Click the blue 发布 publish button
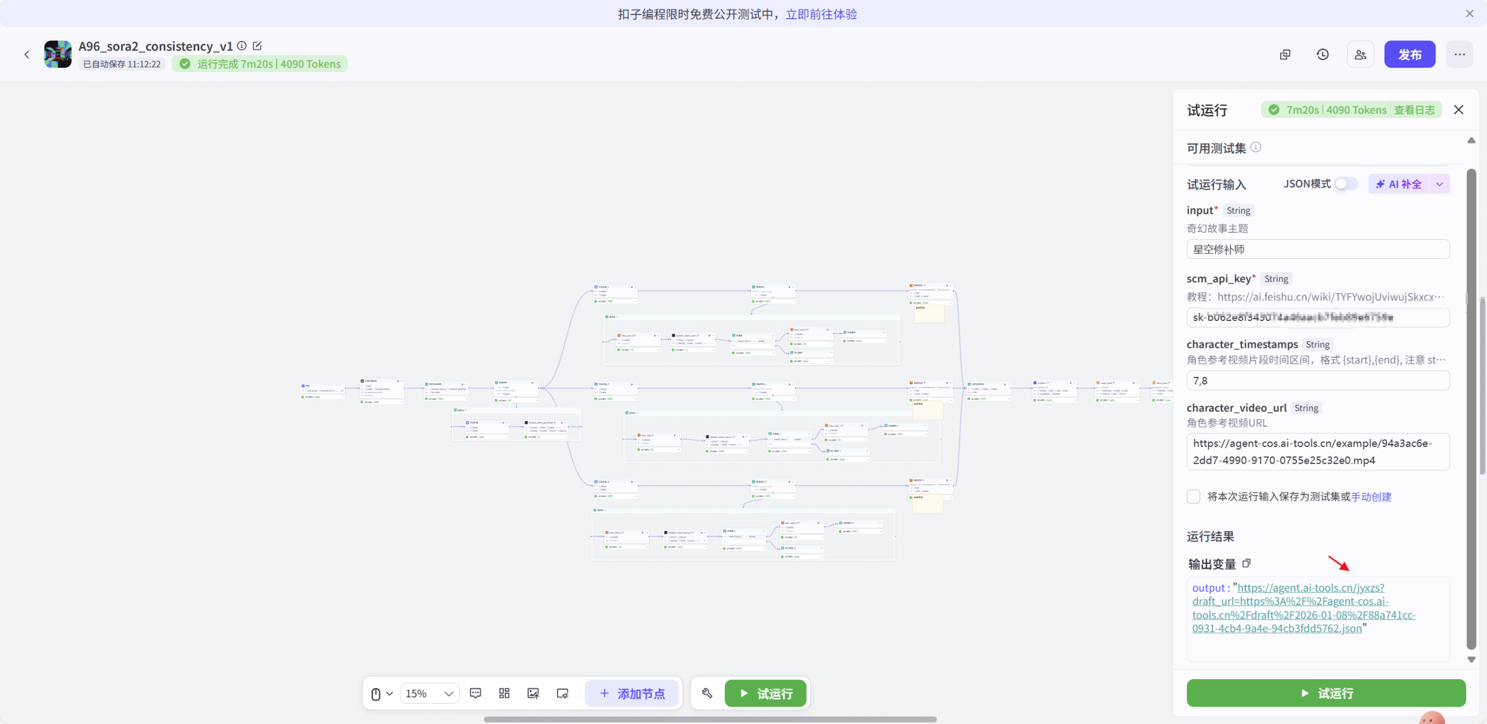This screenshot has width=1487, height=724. (1409, 55)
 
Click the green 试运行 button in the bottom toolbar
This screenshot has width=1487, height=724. (766, 693)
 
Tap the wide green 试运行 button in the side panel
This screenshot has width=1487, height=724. (1326, 693)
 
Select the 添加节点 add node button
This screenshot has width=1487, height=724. (632, 693)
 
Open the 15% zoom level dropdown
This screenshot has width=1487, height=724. (429, 693)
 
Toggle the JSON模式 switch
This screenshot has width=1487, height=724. (1345, 183)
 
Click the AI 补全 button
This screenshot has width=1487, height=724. (1399, 184)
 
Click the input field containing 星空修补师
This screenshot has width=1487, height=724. (1317, 249)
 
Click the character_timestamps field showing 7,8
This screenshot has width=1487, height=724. (1317, 380)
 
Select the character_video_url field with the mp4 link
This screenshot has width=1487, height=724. (1317, 451)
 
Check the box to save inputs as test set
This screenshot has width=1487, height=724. (1194, 496)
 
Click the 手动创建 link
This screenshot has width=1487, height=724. (1371, 497)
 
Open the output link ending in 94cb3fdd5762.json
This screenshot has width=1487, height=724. (1303, 608)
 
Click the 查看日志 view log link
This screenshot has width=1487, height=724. (1414, 110)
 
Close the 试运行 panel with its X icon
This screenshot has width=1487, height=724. (1458, 110)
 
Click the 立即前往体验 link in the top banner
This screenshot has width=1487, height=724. (821, 14)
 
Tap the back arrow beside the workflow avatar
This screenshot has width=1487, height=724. (27, 55)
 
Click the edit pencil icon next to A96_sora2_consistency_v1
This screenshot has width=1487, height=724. (257, 46)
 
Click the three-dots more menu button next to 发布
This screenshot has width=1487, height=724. (1459, 55)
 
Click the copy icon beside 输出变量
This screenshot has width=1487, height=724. (1247, 563)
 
